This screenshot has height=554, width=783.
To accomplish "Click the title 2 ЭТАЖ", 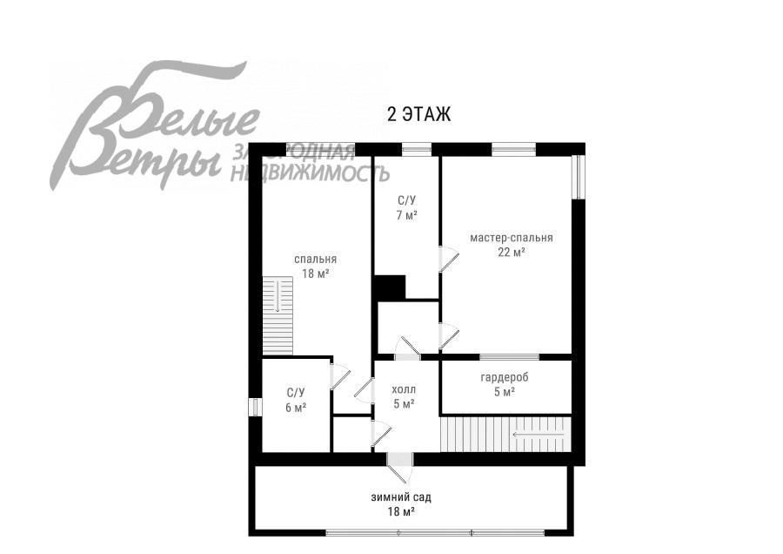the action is [x=419, y=114].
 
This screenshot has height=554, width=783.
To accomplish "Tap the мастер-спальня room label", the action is [x=512, y=238].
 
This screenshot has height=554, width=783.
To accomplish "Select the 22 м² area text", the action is [x=512, y=252].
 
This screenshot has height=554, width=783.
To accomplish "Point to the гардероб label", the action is [x=505, y=377].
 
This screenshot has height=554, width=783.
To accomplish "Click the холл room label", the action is [x=404, y=389].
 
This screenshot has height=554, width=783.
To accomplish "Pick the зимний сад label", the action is [x=401, y=497].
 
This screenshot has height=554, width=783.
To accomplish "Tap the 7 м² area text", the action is [x=407, y=215].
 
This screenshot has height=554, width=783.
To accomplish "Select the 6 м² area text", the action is [x=296, y=408].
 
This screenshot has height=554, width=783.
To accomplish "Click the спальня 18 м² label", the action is [x=315, y=266].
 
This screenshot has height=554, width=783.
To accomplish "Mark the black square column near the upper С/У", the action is [x=390, y=288].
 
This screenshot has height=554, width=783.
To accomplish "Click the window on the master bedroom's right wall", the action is [x=579, y=177].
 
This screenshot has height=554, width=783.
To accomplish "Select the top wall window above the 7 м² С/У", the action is [x=417, y=148].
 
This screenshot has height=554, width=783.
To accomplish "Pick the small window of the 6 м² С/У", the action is [x=255, y=406].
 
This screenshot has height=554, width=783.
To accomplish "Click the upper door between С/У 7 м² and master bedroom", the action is [x=448, y=259].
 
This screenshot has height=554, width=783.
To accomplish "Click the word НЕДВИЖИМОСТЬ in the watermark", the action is [x=310, y=173].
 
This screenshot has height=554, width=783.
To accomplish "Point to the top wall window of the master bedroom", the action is [x=514, y=148].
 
